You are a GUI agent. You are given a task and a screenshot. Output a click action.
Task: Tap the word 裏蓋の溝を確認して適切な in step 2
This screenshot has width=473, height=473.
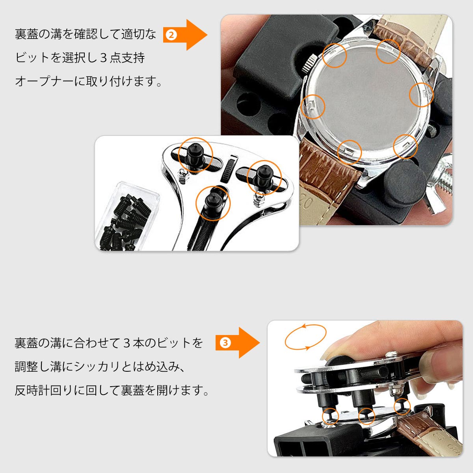click(86, 34)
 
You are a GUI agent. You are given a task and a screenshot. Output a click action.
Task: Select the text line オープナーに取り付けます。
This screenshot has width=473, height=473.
click(89, 82)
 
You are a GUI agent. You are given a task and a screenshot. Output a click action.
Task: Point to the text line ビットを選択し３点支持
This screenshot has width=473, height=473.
click(80, 58)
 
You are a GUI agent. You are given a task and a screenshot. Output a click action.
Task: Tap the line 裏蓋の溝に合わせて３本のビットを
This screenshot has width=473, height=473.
click(109, 343)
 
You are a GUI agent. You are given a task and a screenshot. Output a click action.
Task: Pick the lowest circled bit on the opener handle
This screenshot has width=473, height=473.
click(212, 203)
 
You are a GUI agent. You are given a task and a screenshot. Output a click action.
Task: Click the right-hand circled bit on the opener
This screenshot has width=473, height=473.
click(263, 177)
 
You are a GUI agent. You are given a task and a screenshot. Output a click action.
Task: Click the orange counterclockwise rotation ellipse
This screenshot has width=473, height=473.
click(305, 337)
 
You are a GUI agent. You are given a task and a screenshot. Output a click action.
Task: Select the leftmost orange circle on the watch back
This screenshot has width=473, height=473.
click(313, 107)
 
